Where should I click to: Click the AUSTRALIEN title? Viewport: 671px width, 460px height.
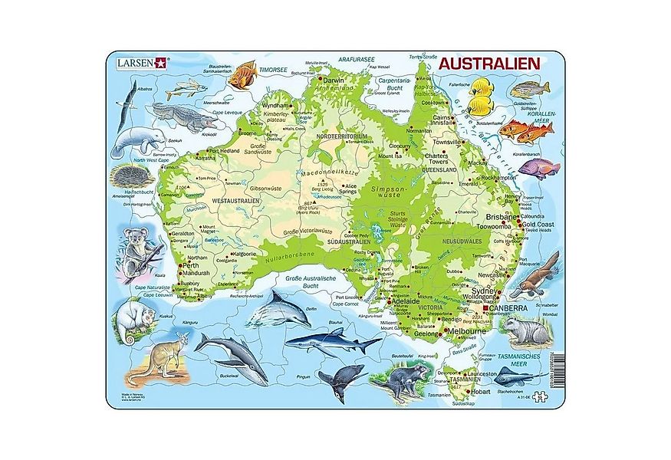pyautogui.click(x=490, y=64)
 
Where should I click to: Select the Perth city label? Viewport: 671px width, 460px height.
pyautogui.click(x=194, y=264)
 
